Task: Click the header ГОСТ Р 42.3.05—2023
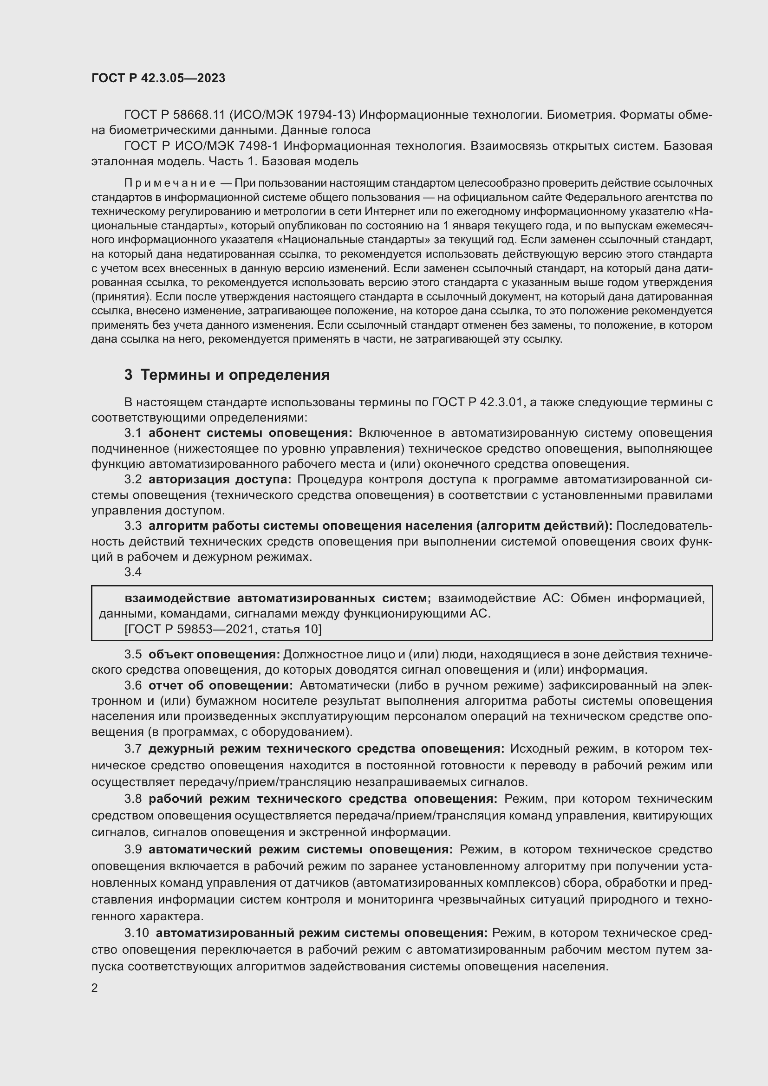158,78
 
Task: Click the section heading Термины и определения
235,375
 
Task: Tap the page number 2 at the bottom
95,988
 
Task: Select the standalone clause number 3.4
133,572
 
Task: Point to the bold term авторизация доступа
220,480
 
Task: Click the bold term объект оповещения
214,655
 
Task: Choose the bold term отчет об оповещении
221,685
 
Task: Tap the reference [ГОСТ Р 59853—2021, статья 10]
223,629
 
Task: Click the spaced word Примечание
170,183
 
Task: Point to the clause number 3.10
136,933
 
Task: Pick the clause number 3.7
133,749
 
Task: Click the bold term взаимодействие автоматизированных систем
278,598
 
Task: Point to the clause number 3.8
133,799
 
